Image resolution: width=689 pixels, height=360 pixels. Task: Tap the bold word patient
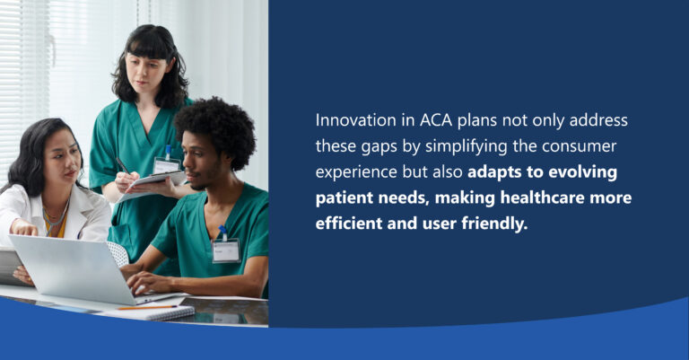pyautogui.click(x=345, y=198)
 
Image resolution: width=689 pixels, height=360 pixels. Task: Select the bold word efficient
pyautogui.click(x=351, y=223)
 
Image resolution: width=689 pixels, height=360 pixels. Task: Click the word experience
pyautogui.click(x=358, y=171)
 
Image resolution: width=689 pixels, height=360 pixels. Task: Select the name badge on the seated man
pyautogui.click(x=225, y=250)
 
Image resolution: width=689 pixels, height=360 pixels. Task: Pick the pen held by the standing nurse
pyautogui.click(x=120, y=164)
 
